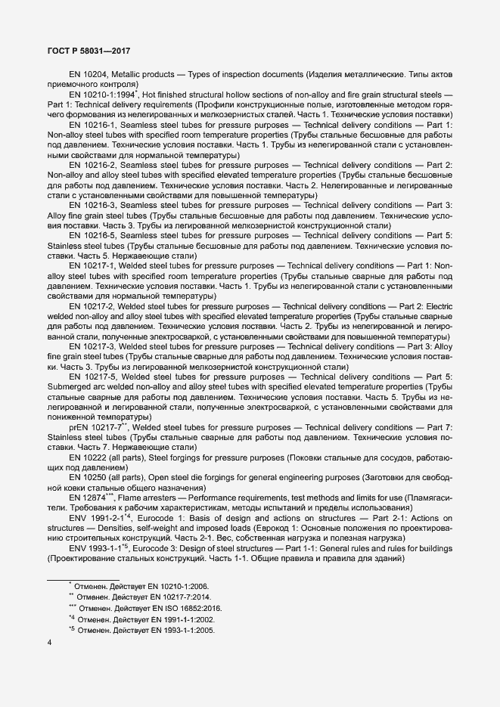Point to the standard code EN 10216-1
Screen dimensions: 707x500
pyautogui.click(x=92, y=124)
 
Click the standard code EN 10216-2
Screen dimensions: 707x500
pyautogui.click(x=92, y=165)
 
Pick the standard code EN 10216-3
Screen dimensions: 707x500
pyautogui.click(x=92, y=206)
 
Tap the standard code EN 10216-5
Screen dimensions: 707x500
pyautogui.click(x=92, y=236)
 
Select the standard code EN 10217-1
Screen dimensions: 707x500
pyautogui.click(x=92, y=266)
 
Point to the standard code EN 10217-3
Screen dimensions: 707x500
pyautogui.click(x=92, y=346)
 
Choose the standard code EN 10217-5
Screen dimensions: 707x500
pyautogui.click(x=92, y=376)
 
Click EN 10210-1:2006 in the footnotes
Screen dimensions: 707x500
pyautogui.click(x=181, y=585)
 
